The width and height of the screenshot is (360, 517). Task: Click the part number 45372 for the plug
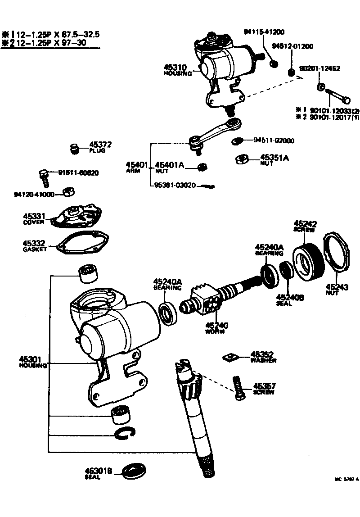(100, 145)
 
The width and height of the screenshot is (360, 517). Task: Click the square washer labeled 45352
(229, 357)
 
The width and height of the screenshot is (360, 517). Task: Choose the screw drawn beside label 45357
(238, 388)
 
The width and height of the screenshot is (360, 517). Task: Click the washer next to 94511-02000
(236, 142)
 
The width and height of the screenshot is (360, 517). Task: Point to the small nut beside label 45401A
(202, 167)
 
